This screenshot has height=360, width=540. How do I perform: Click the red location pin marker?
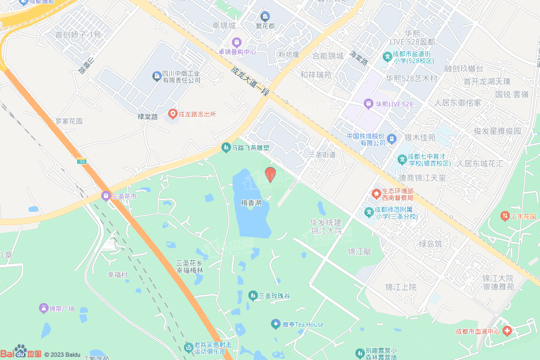pos(270,174)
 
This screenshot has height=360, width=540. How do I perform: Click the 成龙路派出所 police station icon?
pos(172,113)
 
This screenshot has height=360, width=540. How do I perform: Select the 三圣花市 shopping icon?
pos(105,196)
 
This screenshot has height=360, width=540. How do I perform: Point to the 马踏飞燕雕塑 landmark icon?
pos(226,148)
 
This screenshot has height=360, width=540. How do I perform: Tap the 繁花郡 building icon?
pos(265,16)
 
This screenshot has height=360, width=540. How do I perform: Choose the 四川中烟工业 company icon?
pos(157,76)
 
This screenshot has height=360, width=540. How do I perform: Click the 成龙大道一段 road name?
pos(250,81)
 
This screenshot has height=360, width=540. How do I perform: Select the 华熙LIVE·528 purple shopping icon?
pos(369,104)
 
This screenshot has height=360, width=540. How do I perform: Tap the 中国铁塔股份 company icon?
pos(392,139)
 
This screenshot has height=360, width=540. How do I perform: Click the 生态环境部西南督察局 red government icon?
pos(376,194)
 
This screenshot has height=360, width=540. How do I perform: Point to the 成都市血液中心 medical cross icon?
pos(507,331)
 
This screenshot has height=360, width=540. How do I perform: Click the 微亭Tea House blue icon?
pos(275,324)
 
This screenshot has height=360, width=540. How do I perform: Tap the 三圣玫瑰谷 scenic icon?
pos(253,296)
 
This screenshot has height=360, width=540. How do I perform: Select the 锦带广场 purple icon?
pos(43,308)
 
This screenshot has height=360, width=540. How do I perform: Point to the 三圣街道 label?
pos(322,154)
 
